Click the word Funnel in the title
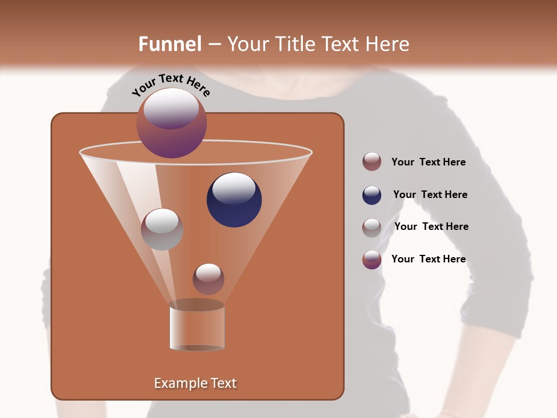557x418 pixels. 169,44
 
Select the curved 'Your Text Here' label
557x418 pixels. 171,85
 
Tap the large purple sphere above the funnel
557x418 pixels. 172,122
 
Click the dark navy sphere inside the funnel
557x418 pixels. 234,200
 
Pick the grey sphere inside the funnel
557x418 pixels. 162,229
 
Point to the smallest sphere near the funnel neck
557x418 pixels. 208,279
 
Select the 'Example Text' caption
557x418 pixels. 196,383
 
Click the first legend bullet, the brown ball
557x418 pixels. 372,161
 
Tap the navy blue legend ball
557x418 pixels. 372,195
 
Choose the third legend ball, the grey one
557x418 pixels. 372,228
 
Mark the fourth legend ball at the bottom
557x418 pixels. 372,260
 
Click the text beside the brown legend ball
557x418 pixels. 428,162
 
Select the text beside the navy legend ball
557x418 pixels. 430,194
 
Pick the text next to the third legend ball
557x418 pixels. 431,226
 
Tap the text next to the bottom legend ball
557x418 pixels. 428,259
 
